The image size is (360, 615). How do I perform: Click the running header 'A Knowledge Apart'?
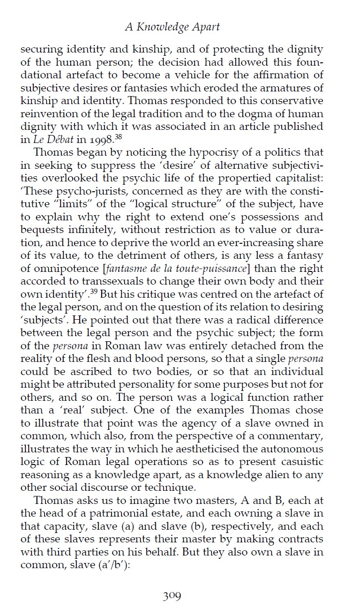pyautogui.click(x=172, y=27)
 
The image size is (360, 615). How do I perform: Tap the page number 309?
pyautogui.click(x=172, y=596)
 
